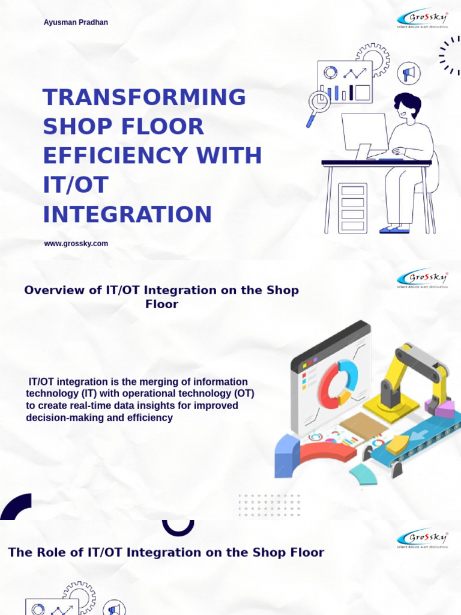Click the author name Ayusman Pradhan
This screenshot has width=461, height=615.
click(76, 22)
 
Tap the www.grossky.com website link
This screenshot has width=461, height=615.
click(76, 243)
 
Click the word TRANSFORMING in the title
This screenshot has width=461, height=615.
click(144, 97)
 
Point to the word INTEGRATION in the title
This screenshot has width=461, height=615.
click(127, 214)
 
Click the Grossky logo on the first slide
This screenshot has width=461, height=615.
click(422, 19)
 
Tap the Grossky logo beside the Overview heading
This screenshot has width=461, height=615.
click(422, 278)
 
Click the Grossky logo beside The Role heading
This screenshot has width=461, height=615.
click(422, 538)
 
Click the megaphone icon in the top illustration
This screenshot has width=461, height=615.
click(409, 73)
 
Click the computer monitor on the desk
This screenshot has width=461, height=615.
click(364, 133)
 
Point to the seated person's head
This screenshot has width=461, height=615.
click(408, 106)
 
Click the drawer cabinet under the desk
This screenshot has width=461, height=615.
click(353, 208)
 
